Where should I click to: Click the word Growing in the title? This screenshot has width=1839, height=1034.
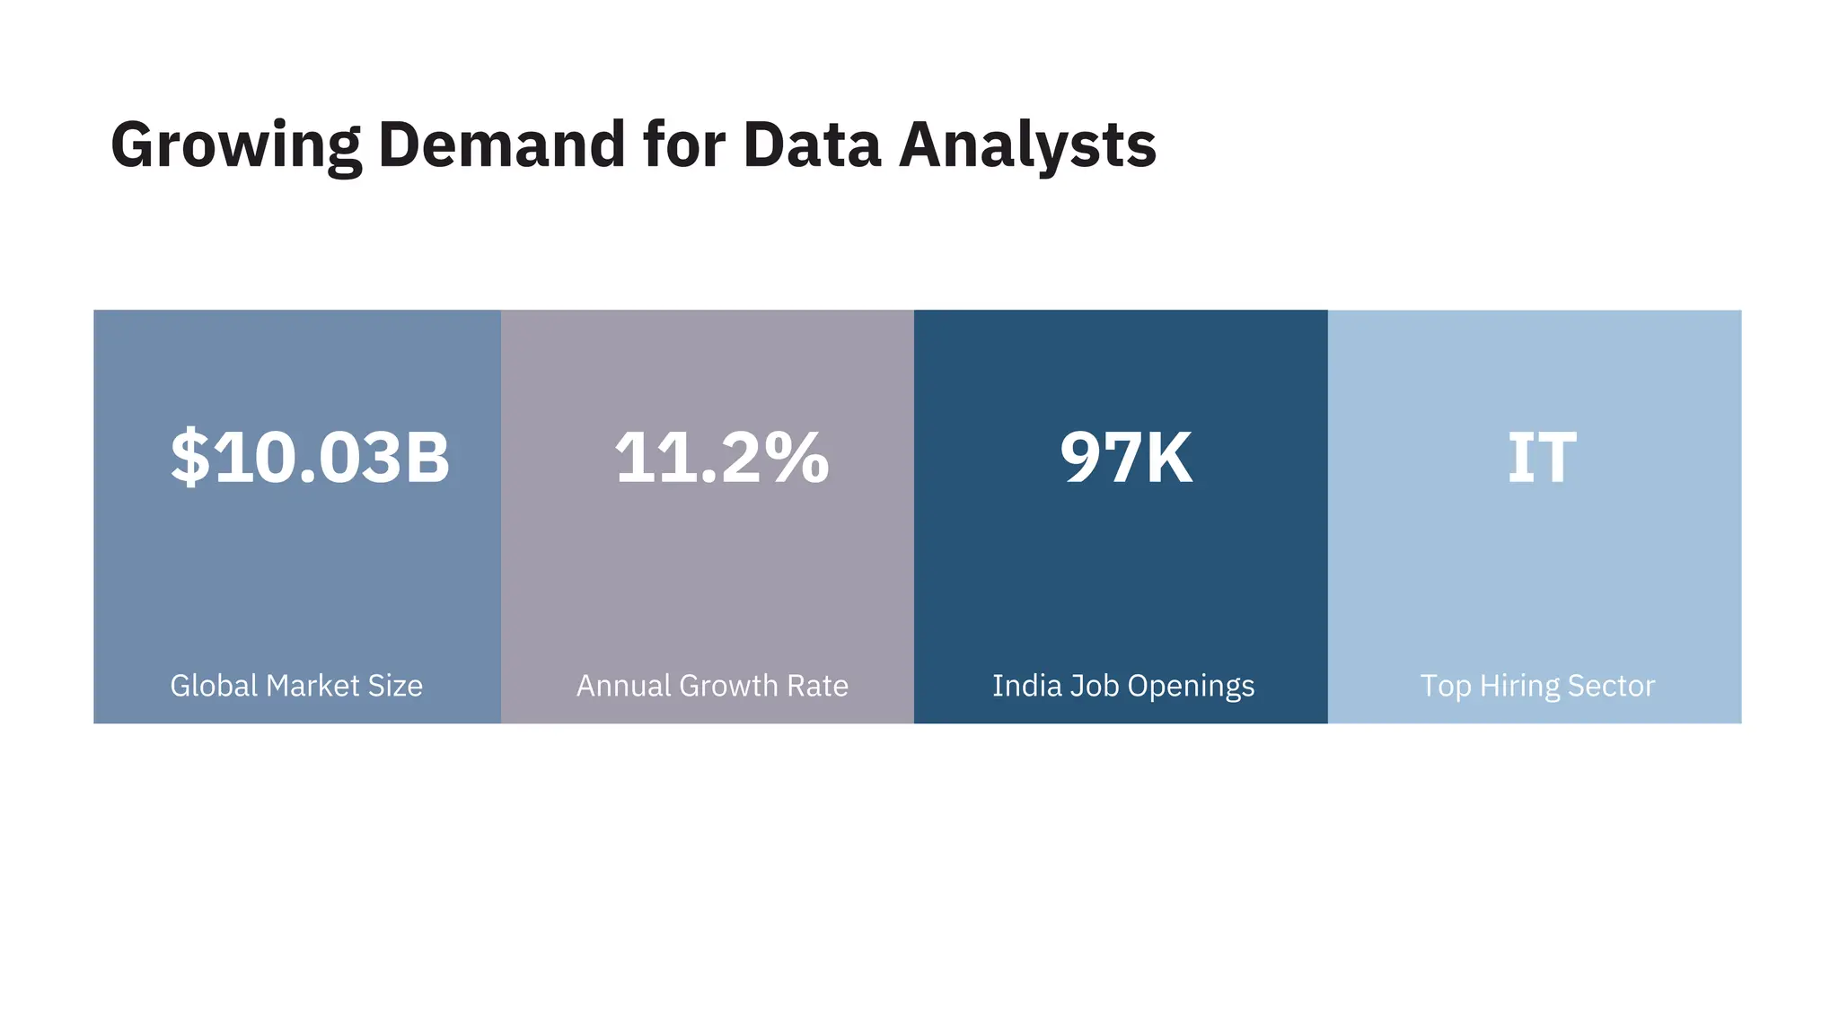coord(235,145)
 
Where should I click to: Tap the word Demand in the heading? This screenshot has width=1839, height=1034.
coord(501,145)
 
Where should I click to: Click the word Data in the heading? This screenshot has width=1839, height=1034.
coord(812,145)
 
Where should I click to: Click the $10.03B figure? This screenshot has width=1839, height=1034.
coord(310,458)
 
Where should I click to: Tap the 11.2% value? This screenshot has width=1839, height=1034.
coord(721,458)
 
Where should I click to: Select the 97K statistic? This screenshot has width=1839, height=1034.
coord(1126,458)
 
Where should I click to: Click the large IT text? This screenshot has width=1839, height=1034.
coord(1541,458)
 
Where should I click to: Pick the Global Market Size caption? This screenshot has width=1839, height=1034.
coord(296,686)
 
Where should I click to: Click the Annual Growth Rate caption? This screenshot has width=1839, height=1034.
coord(712,686)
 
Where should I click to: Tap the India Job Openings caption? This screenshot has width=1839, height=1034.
coord(1123,686)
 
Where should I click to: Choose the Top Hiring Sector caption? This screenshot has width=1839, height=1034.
coord(1537,686)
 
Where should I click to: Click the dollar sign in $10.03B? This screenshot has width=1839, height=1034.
coord(190,458)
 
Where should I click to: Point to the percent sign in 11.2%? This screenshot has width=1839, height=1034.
coord(796,458)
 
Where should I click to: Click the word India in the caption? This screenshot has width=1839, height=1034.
coord(1025,686)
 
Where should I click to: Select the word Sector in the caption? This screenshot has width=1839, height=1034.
coord(1611,686)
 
